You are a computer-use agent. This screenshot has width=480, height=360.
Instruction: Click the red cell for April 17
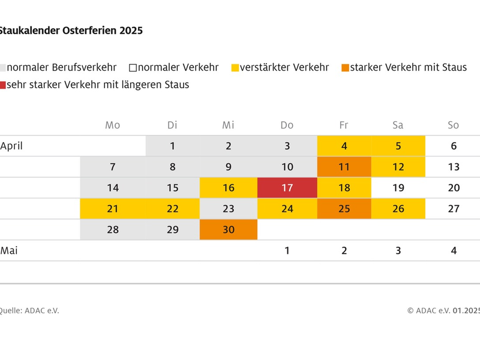[287, 188]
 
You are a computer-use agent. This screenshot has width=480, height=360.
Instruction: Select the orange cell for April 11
[344, 167]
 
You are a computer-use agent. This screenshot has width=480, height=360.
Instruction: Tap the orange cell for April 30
[228, 230]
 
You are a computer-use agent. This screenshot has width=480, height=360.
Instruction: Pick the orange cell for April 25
[344, 209]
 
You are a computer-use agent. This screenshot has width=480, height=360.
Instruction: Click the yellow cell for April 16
[228, 188]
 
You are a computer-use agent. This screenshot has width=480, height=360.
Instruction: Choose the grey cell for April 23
[228, 209]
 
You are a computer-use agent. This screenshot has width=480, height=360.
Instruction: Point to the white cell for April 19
[398, 188]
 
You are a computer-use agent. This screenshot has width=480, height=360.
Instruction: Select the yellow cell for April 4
[344, 146]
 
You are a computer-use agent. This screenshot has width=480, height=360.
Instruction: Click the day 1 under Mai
[287, 251]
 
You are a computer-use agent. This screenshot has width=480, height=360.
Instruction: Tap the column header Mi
[228, 125]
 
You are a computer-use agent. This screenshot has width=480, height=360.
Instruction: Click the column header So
[453, 125]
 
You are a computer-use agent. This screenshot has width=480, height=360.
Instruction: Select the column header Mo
[112, 125]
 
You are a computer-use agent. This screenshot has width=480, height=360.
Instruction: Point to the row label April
[11, 146]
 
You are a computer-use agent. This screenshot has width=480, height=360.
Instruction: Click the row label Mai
[9, 251]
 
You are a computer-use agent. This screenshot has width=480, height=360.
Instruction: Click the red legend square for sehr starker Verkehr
[3, 85]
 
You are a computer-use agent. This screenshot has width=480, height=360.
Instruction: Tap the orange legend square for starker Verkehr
[345, 68]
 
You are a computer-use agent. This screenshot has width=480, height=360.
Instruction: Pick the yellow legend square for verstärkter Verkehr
[235, 68]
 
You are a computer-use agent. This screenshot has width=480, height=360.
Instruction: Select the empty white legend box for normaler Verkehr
[133, 68]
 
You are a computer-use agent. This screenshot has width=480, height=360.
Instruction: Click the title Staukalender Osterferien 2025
[70, 30]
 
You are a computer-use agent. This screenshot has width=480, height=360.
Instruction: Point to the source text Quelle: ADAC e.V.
[29, 310]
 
